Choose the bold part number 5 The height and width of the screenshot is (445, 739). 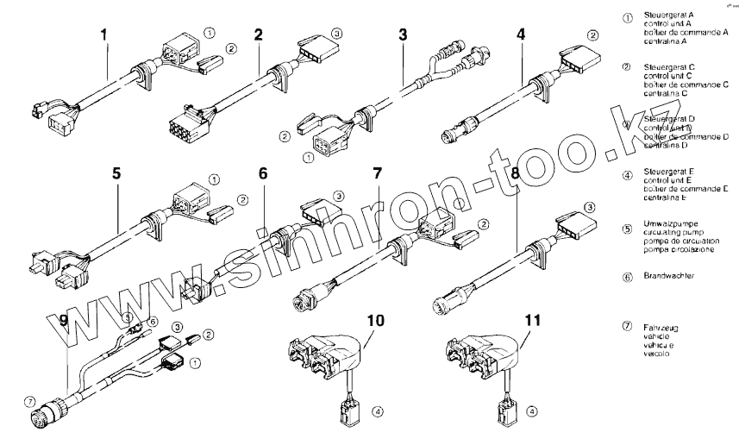click(x=116, y=172)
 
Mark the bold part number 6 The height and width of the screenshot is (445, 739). click(x=264, y=172)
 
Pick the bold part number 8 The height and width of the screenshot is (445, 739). click(x=515, y=172)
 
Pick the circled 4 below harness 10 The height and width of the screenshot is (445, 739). click(x=378, y=411)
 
